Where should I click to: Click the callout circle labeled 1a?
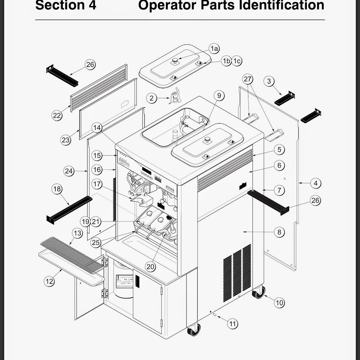(x=215, y=49)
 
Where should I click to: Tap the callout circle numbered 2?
(x=151, y=98)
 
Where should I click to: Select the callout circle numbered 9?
(x=219, y=96)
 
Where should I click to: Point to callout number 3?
(x=269, y=81)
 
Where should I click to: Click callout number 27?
(x=248, y=79)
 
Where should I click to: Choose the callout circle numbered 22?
(x=57, y=115)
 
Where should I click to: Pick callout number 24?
(x=69, y=171)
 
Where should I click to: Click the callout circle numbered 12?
(x=49, y=281)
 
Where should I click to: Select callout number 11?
(x=233, y=323)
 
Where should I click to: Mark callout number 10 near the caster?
(x=279, y=303)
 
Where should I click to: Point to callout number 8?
(x=279, y=232)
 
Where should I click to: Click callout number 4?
(x=316, y=183)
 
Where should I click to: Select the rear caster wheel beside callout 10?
(x=258, y=293)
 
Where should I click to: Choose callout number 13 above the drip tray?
(x=77, y=233)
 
